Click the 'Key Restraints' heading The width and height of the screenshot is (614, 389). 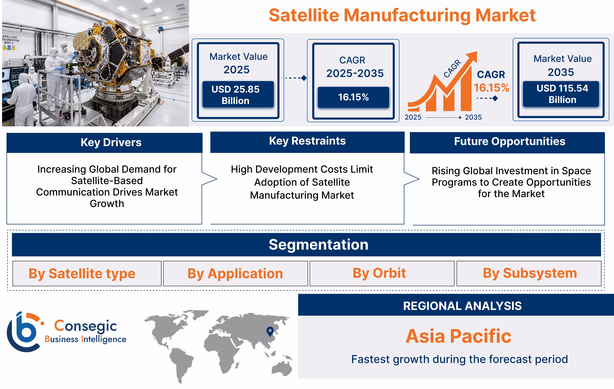(307, 141)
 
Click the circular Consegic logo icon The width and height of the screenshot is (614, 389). (24, 332)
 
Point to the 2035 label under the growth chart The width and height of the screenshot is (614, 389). (473, 117)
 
